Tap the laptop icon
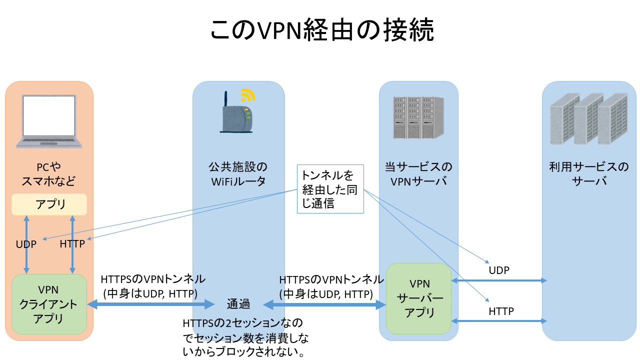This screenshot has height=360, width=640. [48, 121]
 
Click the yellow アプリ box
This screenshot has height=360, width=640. [49, 204]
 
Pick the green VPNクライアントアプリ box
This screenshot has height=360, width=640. [49, 304]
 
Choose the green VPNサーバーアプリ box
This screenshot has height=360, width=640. [419, 298]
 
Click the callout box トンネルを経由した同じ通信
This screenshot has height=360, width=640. [330, 189]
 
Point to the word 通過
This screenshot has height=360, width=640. [238, 304]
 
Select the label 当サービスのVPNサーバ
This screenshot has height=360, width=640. [418, 173]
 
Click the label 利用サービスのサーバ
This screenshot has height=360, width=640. [588, 173]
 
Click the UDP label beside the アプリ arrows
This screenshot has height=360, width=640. [26, 244]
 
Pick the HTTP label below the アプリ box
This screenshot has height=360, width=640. [72, 244]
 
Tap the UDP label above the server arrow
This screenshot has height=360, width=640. [499, 270]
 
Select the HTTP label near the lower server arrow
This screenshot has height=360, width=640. [501, 311]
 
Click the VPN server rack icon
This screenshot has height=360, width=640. [418, 117]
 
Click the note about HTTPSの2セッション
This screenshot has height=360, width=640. [244, 337]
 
